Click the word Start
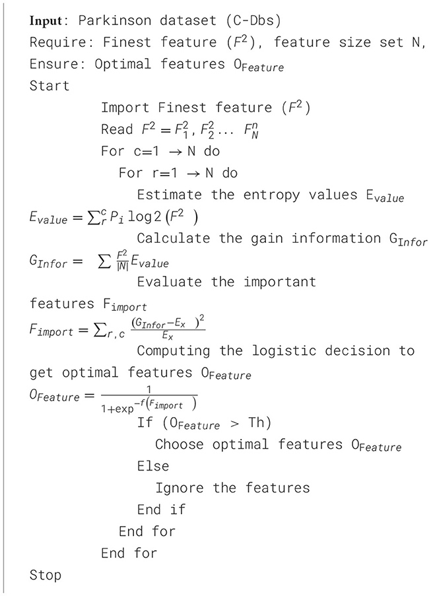tap(50, 86)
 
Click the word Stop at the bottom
tap(46, 575)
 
